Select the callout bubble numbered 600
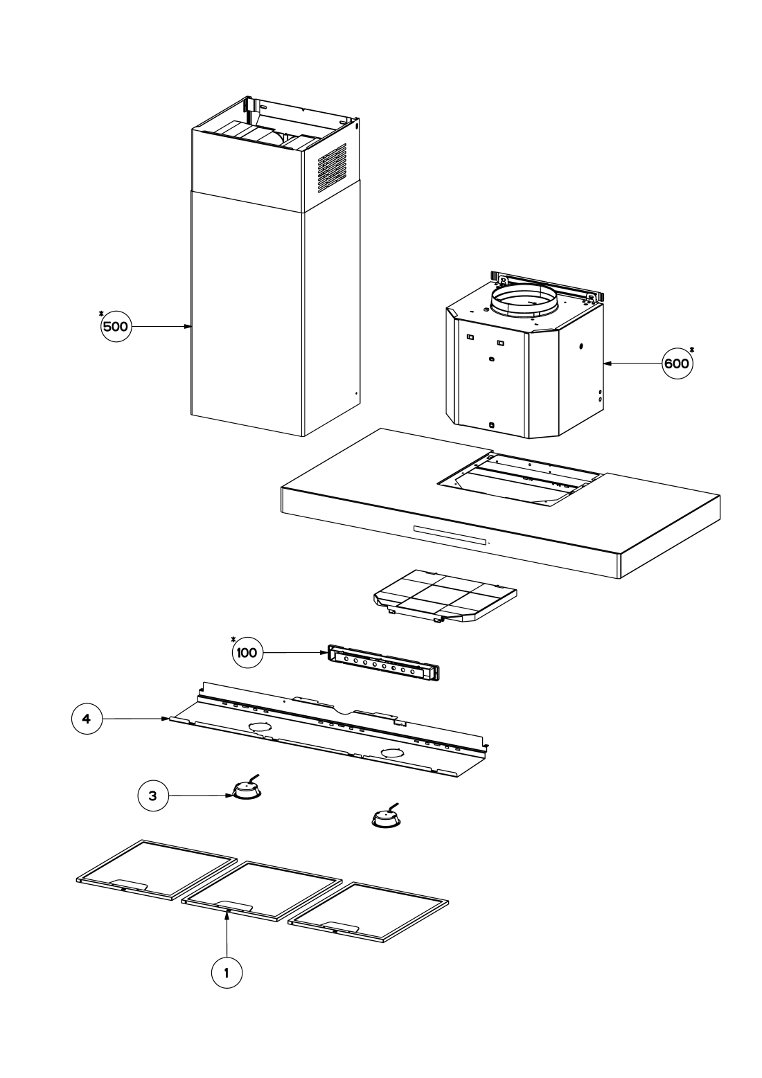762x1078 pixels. click(x=676, y=363)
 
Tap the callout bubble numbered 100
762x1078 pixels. click(x=247, y=652)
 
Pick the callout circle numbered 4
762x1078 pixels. click(x=86, y=719)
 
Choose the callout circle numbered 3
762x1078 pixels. click(x=153, y=796)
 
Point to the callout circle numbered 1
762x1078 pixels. click(x=227, y=972)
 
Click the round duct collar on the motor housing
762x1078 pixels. click(x=523, y=300)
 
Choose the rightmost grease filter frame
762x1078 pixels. click(x=369, y=913)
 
